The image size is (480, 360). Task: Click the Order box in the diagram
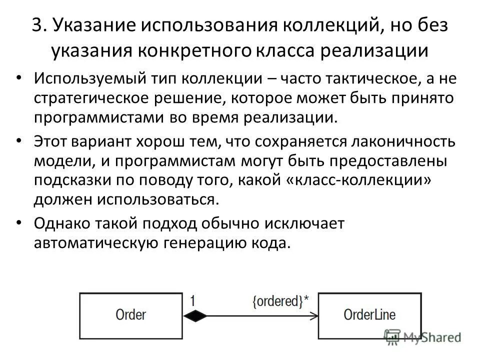(131, 315)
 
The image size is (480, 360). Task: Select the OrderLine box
(369, 315)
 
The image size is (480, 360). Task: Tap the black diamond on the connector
(195, 315)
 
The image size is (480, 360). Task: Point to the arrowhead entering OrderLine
(314, 315)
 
